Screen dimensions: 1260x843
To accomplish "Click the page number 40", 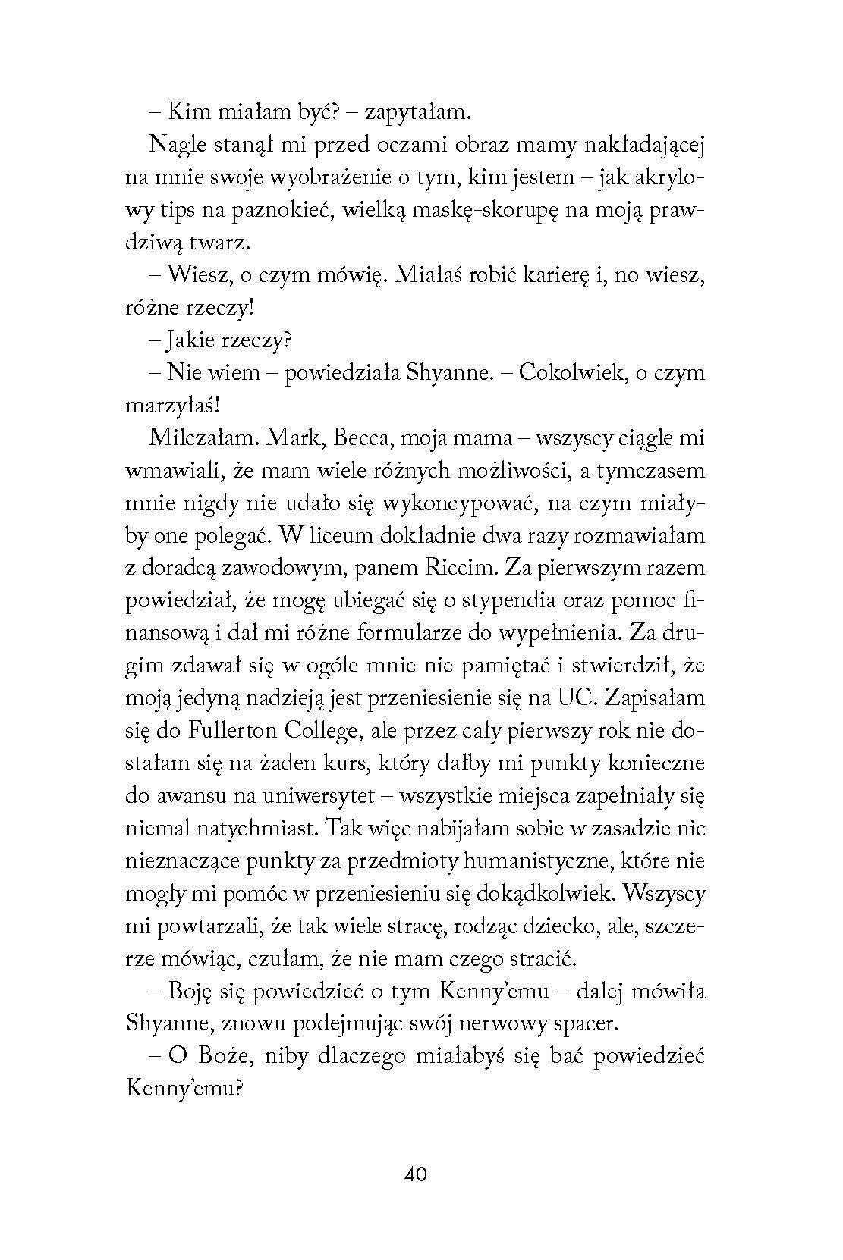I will click(417, 1174).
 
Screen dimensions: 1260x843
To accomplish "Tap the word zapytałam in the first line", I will click(418, 113).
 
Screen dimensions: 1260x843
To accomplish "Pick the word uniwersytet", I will click(305, 796).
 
